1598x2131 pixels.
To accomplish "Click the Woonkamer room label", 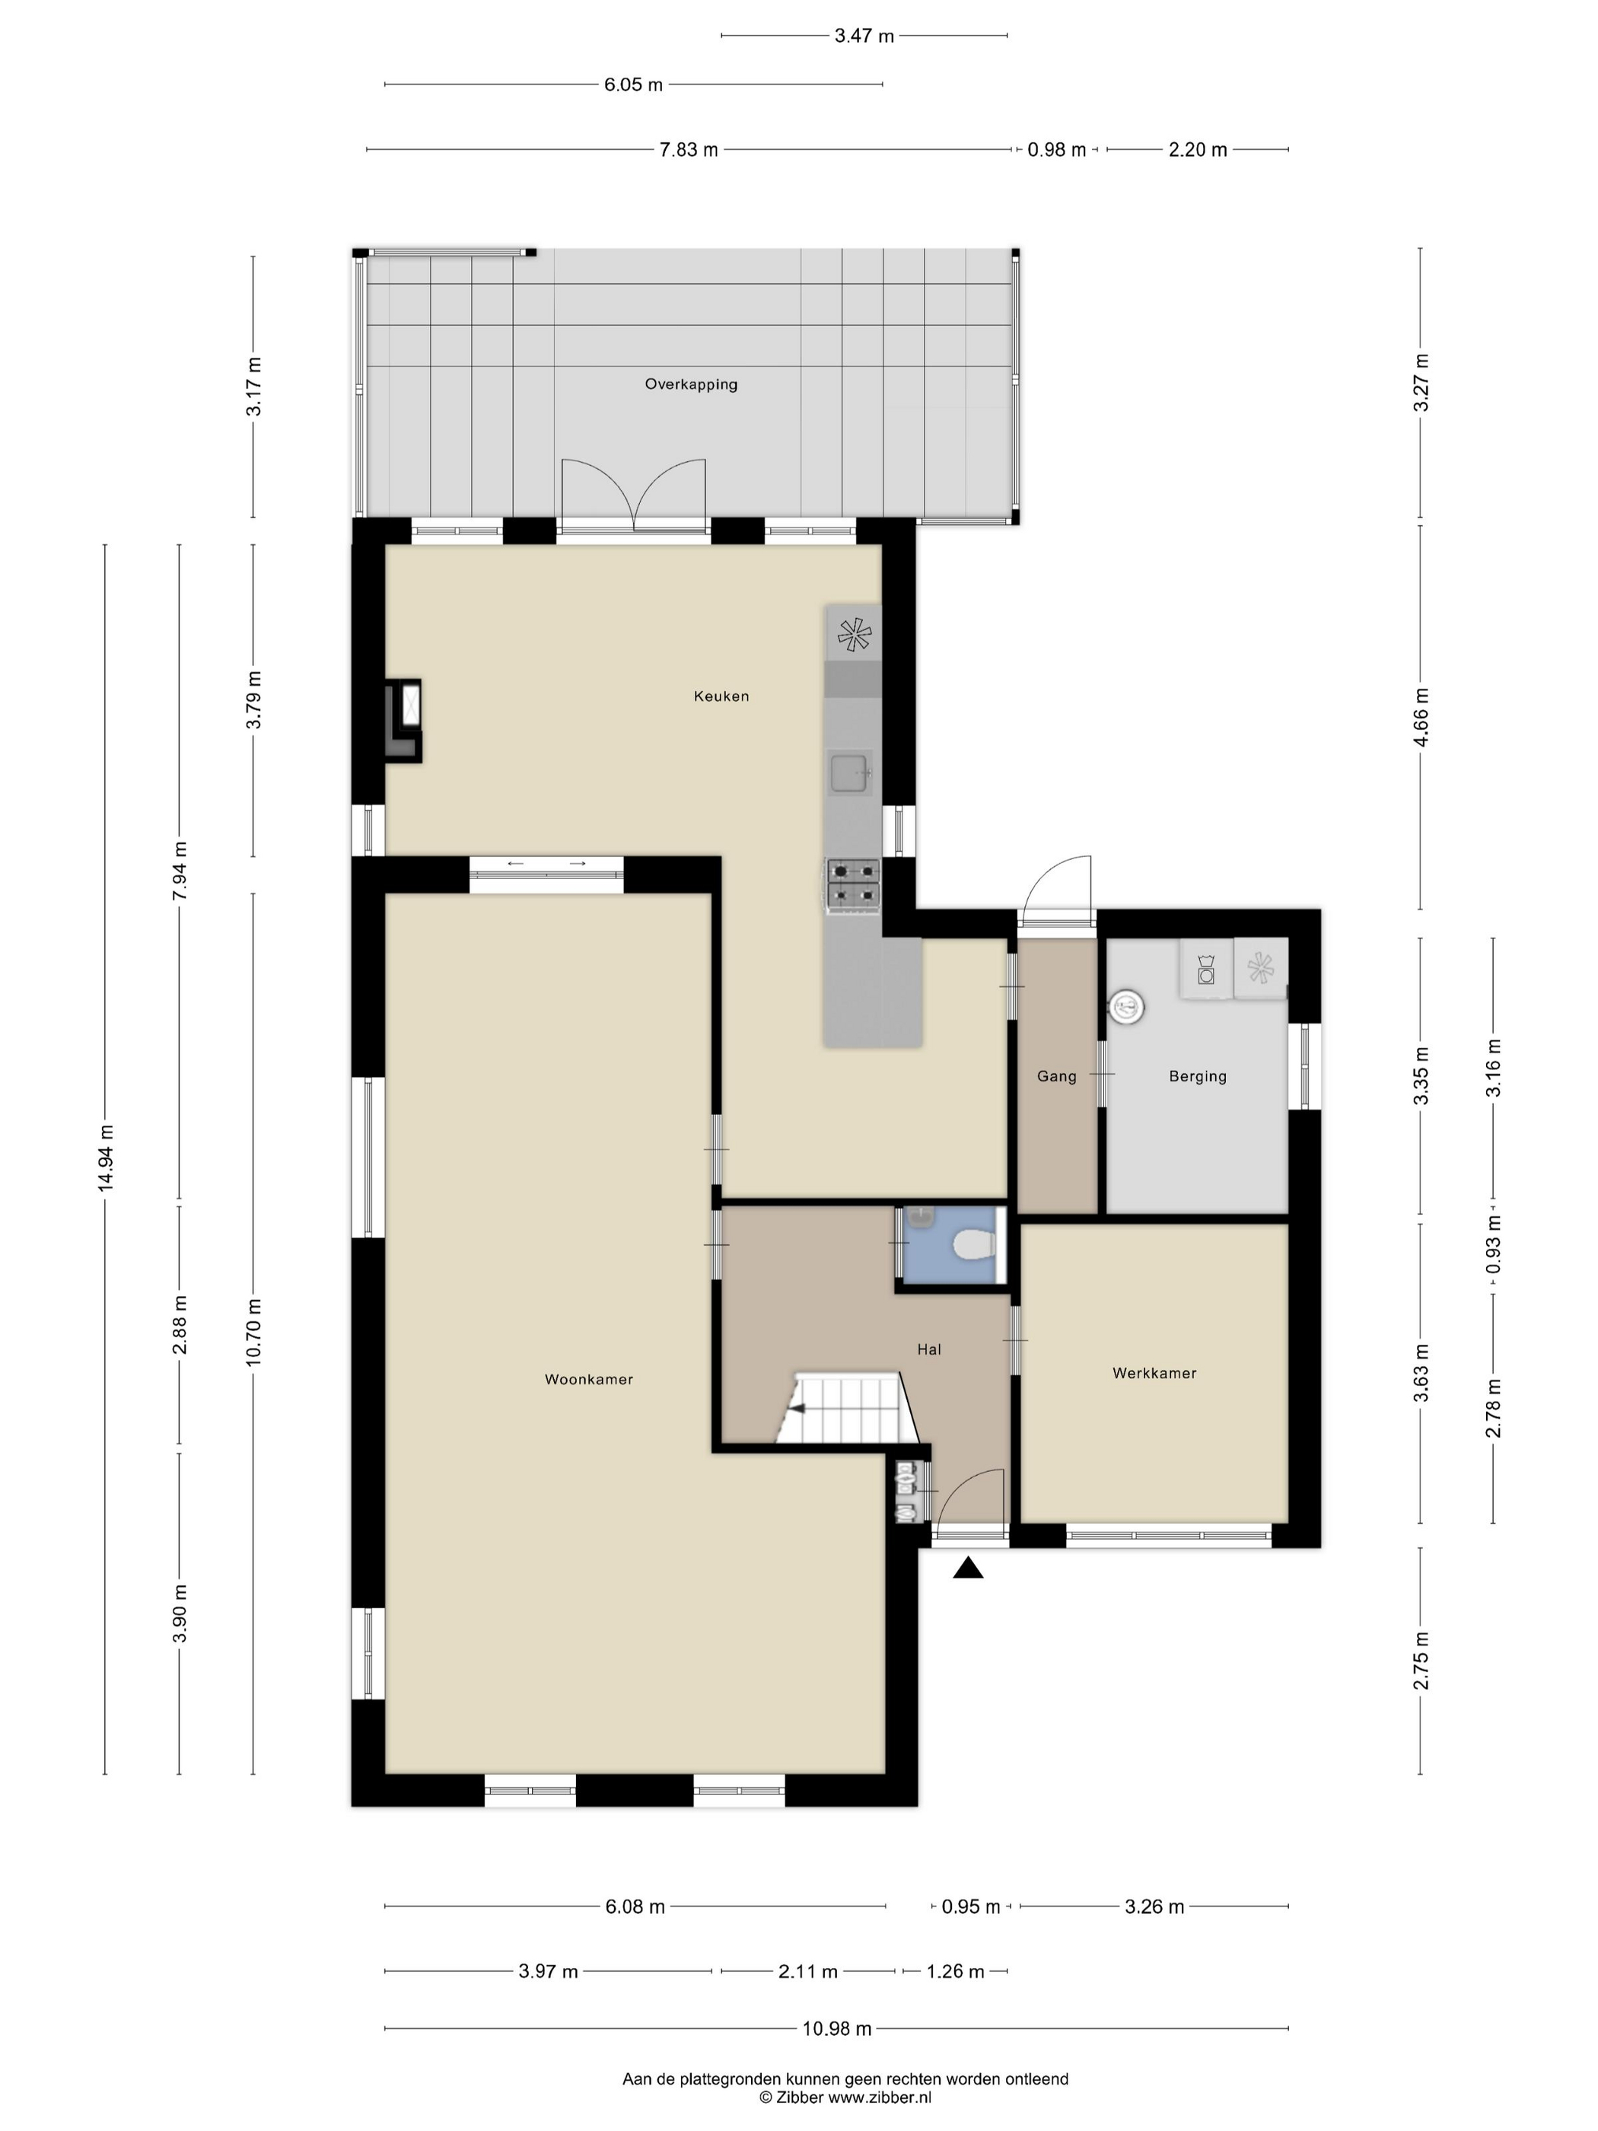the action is coord(588,1380).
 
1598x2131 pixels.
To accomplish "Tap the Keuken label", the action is coord(721,696).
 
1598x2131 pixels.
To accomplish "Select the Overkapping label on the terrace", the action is coord(691,384).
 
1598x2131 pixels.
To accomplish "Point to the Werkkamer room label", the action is coord(1154,1374).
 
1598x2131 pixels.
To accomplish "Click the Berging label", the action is coord(1197,1077).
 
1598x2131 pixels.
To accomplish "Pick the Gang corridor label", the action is coord(1057,1077).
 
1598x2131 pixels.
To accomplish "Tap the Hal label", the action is coord(928,1349).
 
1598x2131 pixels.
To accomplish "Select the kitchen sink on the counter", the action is coord(852,773).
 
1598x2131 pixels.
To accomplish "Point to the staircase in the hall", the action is coord(845,1410).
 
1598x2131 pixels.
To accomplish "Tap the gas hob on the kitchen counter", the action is coord(854,884).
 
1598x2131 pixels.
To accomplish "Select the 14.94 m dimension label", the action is coord(106,1158).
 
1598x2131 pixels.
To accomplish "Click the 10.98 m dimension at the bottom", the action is coord(837,2029).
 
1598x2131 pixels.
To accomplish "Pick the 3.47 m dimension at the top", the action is coord(864,37).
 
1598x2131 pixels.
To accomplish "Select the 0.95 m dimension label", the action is coord(970,1906).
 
